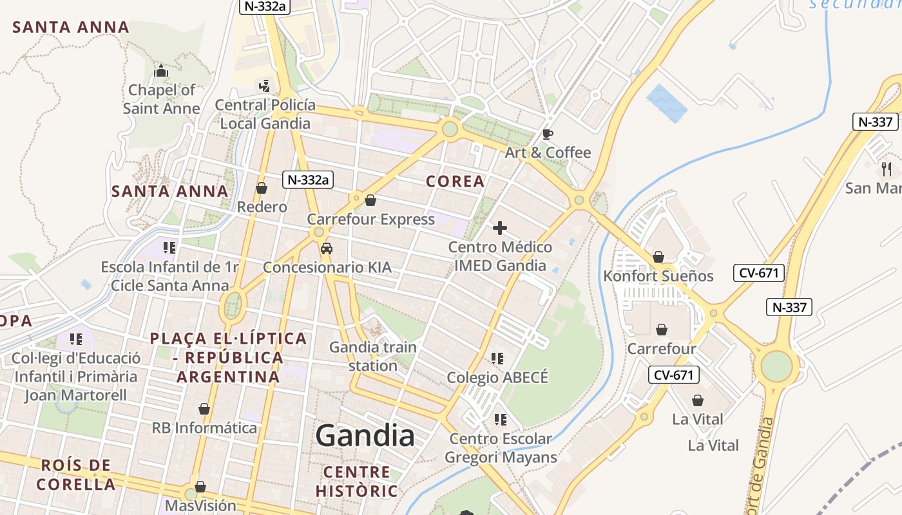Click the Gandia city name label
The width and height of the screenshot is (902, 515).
[365, 436]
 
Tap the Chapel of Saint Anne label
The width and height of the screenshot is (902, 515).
[161, 99]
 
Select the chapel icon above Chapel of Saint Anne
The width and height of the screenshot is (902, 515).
[161, 71]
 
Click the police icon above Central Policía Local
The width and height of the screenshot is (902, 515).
[264, 86]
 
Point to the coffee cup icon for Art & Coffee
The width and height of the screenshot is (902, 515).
[547, 134]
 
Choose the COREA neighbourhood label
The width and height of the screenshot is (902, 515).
[455, 182]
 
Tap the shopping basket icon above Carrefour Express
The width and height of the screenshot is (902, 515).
[370, 200]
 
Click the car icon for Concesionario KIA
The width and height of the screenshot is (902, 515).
[327, 248]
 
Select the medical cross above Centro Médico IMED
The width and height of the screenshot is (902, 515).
[499, 228]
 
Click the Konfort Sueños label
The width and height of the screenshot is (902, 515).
[658, 276]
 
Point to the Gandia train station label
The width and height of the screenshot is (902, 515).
[373, 357]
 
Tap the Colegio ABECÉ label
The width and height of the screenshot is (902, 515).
[497, 377]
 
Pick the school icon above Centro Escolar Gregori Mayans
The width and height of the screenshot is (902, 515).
[499, 420]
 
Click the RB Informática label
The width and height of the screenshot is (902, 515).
[204, 427]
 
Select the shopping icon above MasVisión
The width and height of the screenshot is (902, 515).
[200, 487]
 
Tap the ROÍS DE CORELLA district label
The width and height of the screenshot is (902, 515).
[76, 474]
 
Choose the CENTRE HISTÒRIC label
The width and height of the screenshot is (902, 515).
[356, 482]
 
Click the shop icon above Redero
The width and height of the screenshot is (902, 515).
[262, 188]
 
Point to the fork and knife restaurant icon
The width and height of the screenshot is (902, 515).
[887, 169]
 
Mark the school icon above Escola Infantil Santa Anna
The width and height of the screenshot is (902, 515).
[169, 247]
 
